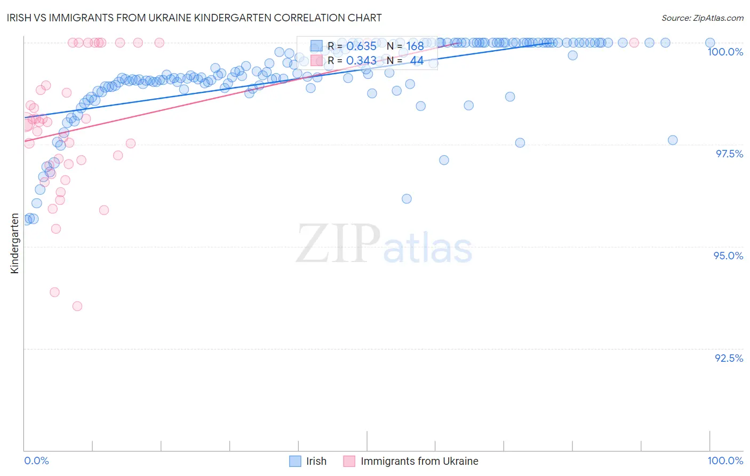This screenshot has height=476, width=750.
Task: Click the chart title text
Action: pos(194,18)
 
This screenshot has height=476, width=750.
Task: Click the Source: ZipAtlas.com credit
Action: pos(702,18)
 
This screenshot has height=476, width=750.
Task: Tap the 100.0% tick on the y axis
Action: pos(725,52)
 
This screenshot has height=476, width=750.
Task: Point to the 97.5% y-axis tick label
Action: pos(729,154)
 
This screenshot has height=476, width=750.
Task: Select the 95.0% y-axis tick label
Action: pos(728,256)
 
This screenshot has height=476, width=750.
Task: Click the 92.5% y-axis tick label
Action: pos(729,358)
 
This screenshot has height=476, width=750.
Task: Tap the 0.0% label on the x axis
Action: pos(36,461)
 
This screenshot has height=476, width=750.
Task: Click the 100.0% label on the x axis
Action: pos(725,461)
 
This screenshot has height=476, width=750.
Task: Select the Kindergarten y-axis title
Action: pos(14,243)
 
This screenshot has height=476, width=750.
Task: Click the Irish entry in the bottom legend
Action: pos(316,461)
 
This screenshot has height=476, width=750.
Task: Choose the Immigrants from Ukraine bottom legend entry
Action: pos(419,461)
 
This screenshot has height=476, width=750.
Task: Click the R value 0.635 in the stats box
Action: pos(361,46)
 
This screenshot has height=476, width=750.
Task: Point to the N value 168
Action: pos(414,46)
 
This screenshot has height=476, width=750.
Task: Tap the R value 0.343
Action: pos(361,61)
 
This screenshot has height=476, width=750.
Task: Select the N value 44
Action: pos(417,61)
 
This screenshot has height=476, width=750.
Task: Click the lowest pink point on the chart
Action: pos(77,306)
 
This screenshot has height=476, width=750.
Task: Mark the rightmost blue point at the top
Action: pos(710,43)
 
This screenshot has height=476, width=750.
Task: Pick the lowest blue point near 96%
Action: pos(406,199)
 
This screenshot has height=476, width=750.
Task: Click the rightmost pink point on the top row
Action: pos(634,43)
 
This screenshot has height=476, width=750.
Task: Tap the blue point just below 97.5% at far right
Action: pos(673,140)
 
